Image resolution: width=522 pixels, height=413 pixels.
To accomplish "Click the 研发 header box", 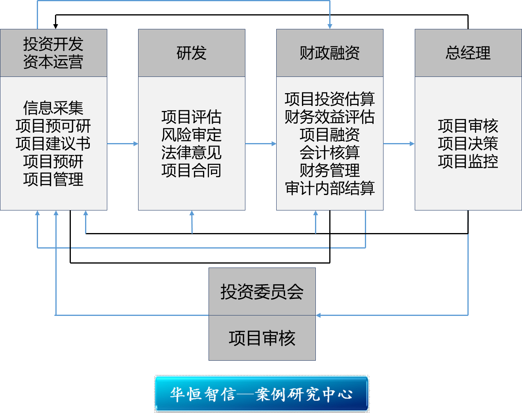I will (192, 53).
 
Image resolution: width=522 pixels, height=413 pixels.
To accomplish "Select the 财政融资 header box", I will (330, 53).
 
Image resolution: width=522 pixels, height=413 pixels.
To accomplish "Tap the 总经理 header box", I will (468, 53).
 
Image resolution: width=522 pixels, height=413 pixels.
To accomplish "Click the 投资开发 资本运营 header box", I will (53, 53).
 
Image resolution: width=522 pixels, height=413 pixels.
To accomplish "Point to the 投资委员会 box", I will (262, 292).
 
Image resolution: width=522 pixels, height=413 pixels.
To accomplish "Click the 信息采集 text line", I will (53, 108).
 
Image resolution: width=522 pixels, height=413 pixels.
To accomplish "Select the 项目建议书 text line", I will (53, 143).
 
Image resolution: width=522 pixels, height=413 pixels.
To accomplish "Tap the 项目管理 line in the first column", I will (53, 179).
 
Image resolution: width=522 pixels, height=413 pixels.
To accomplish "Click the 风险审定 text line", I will (192, 135).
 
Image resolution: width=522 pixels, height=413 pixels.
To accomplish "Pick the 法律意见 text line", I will (192, 153).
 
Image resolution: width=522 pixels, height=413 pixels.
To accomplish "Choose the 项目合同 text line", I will (192, 170).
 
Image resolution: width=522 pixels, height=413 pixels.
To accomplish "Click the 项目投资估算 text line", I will (330, 99).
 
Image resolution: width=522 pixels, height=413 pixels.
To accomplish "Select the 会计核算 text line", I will (330, 152).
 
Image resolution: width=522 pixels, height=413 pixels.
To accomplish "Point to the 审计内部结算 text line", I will (330, 188).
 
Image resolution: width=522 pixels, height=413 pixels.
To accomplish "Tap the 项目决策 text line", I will (468, 143).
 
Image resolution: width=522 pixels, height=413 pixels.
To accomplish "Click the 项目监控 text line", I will (468, 161).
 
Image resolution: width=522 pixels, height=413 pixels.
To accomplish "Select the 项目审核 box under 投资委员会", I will (262, 338).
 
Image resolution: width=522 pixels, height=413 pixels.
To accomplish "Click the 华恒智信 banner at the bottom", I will (262, 394).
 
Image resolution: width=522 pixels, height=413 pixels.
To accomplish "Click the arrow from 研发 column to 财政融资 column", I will (260, 143).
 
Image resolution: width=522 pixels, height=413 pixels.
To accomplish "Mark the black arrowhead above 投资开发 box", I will (55, 27).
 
